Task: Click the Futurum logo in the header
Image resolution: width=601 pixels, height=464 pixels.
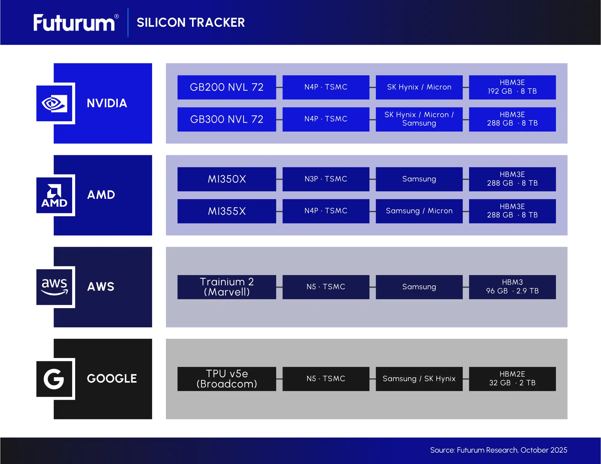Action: click(x=75, y=23)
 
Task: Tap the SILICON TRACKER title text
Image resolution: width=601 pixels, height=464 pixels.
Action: click(x=191, y=23)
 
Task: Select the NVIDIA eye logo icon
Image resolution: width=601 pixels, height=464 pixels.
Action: click(x=54, y=104)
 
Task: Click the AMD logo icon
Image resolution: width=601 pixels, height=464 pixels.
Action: click(x=54, y=196)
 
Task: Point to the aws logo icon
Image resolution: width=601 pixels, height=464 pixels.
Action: click(x=54, y=287)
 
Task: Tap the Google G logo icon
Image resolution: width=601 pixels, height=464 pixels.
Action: click(x=54, y=379)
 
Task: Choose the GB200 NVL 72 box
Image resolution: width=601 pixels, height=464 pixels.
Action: click(x=227, y=87)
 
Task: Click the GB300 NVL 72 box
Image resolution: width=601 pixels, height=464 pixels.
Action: click(x=227, y=119)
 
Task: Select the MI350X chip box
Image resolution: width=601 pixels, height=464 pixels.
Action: click(x=227, y=179)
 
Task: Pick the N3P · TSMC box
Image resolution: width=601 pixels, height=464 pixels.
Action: click(x=326, y=179)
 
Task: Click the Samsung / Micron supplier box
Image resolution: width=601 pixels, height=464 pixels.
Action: click(x=419, y=211)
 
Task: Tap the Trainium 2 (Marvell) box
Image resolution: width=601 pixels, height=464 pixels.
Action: click(x=227, y=287)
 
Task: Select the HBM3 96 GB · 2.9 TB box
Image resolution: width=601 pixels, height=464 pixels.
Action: click(x=512, y=287)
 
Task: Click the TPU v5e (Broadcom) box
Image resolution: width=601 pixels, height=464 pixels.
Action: click(x=227, y=379)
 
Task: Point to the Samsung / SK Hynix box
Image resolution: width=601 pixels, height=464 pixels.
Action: click(x=419, y=379)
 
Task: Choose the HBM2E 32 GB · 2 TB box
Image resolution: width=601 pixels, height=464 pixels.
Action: click(x=512, y=379)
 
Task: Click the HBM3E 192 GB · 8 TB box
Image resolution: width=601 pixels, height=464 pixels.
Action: click(x=512, y=87)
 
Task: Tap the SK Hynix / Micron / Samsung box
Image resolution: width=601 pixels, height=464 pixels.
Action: click(x=419, y=119)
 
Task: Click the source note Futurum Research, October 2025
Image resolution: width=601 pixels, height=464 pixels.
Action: click(x=498, y=450)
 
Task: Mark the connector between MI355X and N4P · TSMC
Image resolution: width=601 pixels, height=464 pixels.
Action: click(x=279, y=211)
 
